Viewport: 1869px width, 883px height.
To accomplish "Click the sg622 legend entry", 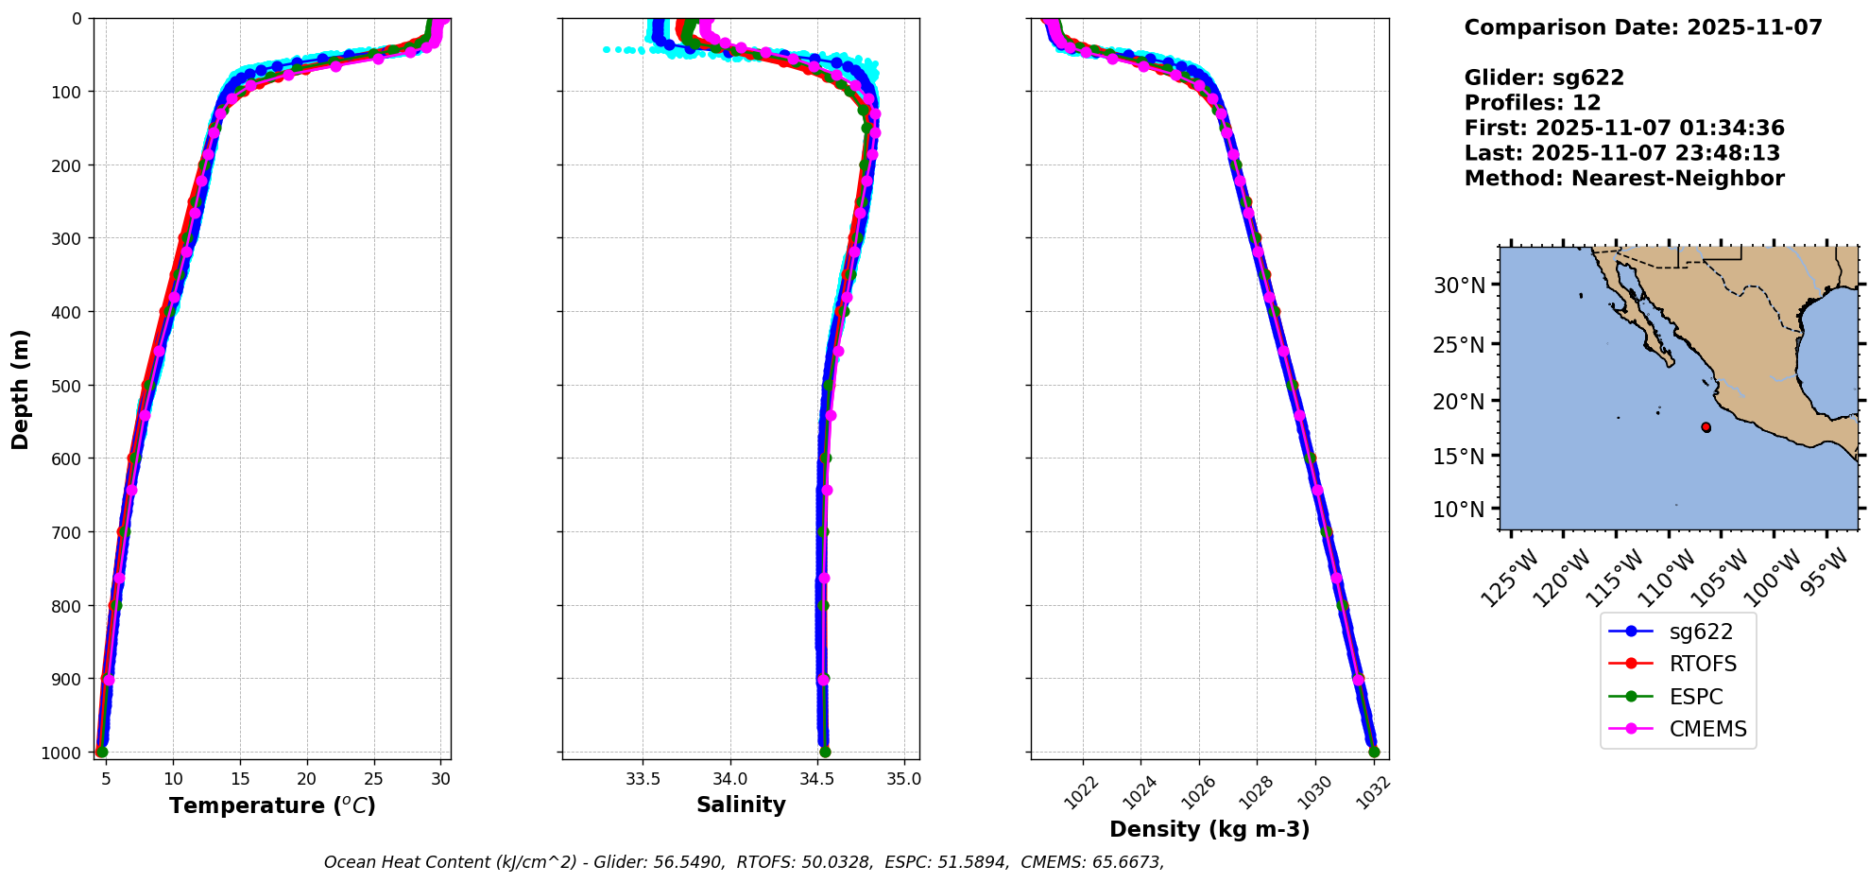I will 1701,632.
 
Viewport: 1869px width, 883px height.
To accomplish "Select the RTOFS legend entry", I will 1703,664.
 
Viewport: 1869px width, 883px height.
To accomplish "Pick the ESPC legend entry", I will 1696,697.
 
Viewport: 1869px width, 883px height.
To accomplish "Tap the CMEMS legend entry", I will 1707,729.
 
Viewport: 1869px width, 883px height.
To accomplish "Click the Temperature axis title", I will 272,805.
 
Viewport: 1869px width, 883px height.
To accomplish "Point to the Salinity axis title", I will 741,805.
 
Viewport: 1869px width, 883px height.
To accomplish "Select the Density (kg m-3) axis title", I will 1209,829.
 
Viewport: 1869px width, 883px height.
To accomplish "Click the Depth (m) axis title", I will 21,389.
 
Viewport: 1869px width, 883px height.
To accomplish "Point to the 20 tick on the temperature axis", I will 307,779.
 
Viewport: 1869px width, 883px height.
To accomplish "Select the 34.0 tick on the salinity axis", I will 729,779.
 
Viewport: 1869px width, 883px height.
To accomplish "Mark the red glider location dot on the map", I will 1706,427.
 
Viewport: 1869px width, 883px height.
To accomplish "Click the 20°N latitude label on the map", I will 1459,402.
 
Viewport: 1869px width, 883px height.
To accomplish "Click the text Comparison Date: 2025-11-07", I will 1643,27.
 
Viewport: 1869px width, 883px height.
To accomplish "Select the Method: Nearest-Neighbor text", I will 1624,179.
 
